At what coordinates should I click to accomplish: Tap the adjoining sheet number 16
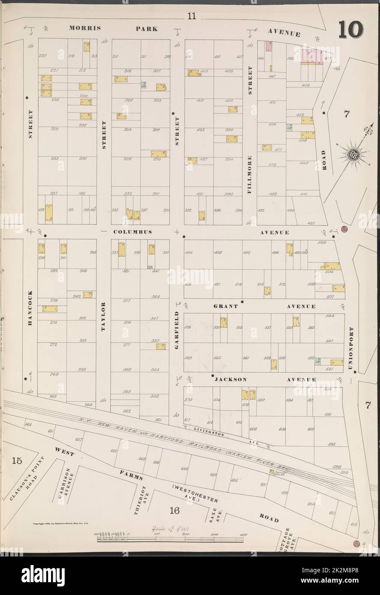(174, 510)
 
